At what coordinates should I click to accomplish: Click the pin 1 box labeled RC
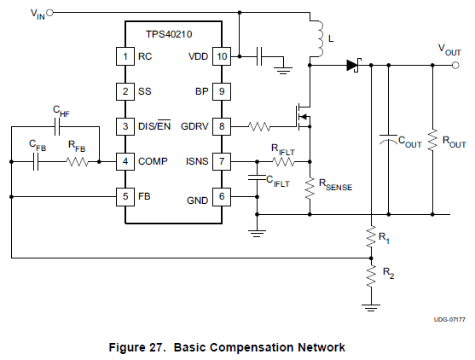pyautogui.click(x=125, y=56)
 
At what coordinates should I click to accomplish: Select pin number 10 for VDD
pyautogui.click(x=222, y=56)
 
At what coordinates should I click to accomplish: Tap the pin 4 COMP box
pyautogui.click(x=125, y=161)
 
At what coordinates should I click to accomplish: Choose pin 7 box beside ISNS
pyautogui.click(x=222, y=161)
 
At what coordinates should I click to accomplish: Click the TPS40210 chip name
pyautogui.click(x=169, y=34)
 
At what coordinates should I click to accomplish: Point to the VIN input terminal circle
pyautogui.click(x=49, y=13)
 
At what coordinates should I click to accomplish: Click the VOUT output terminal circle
pyautogui.click(x=455, y=65)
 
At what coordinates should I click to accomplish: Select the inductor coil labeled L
pyautogui.click(x=318, y=38)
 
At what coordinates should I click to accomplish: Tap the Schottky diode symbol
pyautogui.click(x=354, y=65)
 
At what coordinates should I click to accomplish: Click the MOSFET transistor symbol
pyautogui.click(x=303, y=117)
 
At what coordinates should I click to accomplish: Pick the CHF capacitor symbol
pyautogui.click(x=57, y=126)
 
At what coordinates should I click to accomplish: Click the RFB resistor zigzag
pyautogui.click(x=78, y=162)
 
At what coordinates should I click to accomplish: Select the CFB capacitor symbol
pyautogui.click(x=36, y=162)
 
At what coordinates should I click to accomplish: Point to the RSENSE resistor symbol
pyautogui.click(x=310, y=189)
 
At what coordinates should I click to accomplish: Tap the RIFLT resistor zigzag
pyautogui.click(x=283, y=162)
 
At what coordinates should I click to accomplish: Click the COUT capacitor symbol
pyautogui.click(x=389, y=139)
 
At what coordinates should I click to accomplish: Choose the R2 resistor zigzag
pyautogui.click(x=371, y=276)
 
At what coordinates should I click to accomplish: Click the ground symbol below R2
pyautogui.click(x=371, y=307)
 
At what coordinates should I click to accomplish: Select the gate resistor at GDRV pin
pyautogui.click(x=259, y=126)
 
